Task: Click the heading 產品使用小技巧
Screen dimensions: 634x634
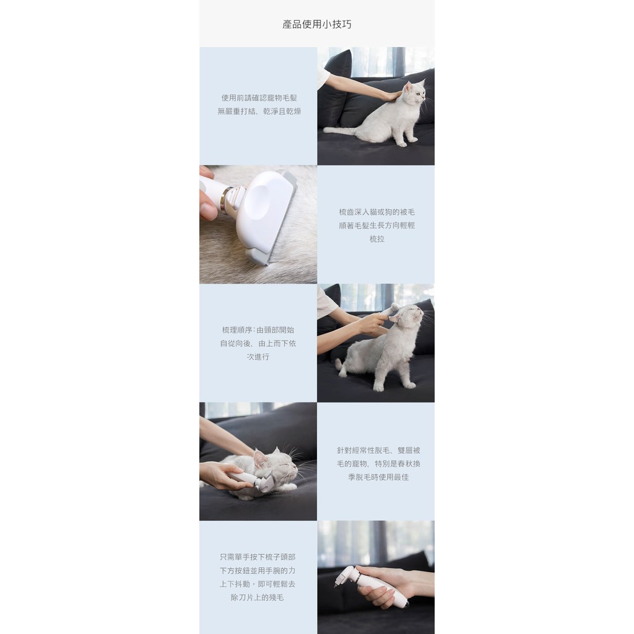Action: [x=316, y=24]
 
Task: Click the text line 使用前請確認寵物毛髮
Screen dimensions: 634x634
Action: [x=259, y=98]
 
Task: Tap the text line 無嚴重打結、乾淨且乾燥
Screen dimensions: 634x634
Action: [x=259, y=111]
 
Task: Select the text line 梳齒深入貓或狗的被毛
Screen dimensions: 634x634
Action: [x=376, y=212]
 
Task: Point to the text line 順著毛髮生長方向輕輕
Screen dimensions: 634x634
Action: [x=376, y=225]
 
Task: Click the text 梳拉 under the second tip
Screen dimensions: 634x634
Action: [x=376, y=238]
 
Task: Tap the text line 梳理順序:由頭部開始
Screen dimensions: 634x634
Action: [x=258, y=330]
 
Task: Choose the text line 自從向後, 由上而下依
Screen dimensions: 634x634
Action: [x=258, y=343]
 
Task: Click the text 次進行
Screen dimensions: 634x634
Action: [x=258, y=357]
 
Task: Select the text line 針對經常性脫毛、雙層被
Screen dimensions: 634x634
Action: [x=378, y=450]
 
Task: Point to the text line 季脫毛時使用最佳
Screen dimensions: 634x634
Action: [x=378, y=477]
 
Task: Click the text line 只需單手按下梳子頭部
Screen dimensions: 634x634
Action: [x=258, y=557]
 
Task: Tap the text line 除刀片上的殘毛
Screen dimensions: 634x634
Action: [x=258, y=597]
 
